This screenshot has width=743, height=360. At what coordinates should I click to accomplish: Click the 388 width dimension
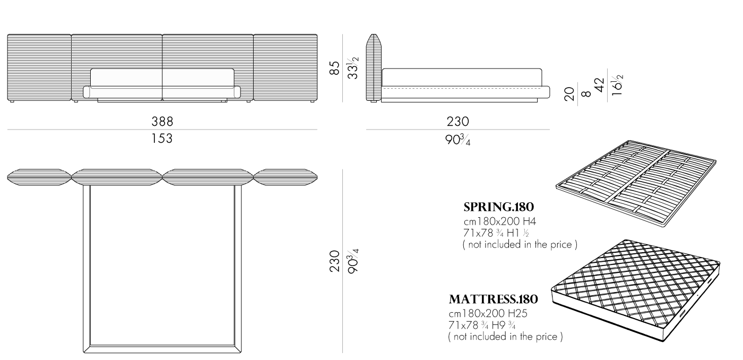pyautogui.click(x=162, y=122)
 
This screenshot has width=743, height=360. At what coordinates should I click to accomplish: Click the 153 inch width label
pyautogui.click(x=162, y=139)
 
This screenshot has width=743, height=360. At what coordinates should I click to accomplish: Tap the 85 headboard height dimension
pyautogui.click(x=335, y=68)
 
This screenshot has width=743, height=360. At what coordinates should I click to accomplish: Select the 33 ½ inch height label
pyautogui.click(x=353, y=68)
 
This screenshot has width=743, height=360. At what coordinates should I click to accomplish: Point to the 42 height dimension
pyautogui.click(x=599, y=85)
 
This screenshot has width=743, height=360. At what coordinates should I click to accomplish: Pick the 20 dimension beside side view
pyautogui.click(x=569, y=94)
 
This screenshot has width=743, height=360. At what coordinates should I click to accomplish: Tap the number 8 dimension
pyautogui.click(x=586, y=94)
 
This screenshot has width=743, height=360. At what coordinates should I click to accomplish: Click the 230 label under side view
pyautogui.click(x=457, y=122)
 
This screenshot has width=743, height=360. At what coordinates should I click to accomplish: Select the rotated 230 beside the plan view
pyautogui.click(x=335, y=261)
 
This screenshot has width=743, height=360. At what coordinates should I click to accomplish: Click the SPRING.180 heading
pyautogui.click(x=498, y=207)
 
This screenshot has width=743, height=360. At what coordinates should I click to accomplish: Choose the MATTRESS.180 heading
pyautogui.click(x=493, y=299)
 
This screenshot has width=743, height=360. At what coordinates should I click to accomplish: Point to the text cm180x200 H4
pyautogui.click(x=500, y=221)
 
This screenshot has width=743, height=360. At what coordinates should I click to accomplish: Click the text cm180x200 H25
pyautogui.click(x=488, y=314)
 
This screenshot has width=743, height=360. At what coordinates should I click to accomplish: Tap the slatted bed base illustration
pyautogui.click(x=636, y=183)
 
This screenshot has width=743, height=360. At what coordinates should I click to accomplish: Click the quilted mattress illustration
pyautogui.click(x=636, y=290)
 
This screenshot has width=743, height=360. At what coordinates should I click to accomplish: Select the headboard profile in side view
pyautogui.click(x=374, y=67)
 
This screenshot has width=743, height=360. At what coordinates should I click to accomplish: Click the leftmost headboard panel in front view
pyautogui.click(x=39, y=67)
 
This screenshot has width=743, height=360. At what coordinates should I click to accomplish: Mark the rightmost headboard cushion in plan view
pyautogui.click(x=286, y=177)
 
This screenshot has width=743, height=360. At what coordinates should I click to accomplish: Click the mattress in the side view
pyautogui.click(x=462, y=78)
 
